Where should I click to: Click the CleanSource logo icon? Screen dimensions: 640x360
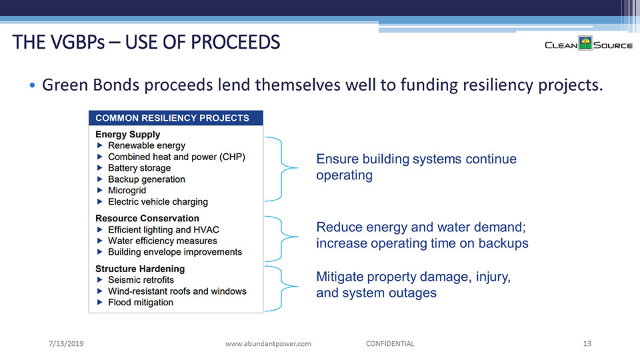[585, 43]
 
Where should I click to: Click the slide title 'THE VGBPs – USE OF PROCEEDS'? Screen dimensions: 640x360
[146, 42]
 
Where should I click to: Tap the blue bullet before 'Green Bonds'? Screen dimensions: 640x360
[32, 85]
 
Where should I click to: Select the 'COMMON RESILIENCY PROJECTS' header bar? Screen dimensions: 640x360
[176, 118]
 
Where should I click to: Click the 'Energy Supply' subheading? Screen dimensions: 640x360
[128, 134]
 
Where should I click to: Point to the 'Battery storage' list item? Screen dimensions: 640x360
[139, 168]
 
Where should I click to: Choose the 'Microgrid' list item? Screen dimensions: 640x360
[127, 190]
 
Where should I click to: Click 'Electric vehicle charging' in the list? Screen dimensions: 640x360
[158, 201]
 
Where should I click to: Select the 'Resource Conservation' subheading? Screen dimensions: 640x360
[147, 219]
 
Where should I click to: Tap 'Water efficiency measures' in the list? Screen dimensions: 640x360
[163, 241]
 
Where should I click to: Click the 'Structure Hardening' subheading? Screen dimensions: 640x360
[140, 269]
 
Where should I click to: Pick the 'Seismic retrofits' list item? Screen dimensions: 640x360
[141, 279]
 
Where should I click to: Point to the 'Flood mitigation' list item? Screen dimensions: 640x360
[141, 302]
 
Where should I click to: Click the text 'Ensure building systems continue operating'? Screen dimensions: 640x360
[416, 167]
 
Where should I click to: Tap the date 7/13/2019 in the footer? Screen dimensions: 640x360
[66, 344]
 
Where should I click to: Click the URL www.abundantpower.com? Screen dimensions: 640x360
[268, 344]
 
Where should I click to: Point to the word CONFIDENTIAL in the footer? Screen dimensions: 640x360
[390, 344]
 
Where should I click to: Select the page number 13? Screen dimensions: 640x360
[587, 344]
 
